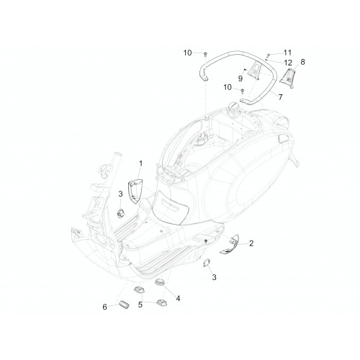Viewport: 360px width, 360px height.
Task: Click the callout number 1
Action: tap(140, 163)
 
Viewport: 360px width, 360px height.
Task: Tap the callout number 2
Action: tap(251, 243)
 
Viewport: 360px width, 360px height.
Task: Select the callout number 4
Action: tap(178, 298)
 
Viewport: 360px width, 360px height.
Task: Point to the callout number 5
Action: tap(140, 305)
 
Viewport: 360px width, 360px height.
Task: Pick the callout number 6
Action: tap(104, 307)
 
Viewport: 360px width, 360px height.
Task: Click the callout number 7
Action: tap(280, 97)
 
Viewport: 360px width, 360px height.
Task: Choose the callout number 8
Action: tap(302, 62)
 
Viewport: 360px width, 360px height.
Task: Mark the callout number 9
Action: tap(240, 78)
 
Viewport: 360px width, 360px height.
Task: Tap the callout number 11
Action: tap(287, 53)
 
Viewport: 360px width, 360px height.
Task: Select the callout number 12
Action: tap(288, 63)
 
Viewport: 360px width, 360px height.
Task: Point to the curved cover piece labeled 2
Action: tap(230, 244)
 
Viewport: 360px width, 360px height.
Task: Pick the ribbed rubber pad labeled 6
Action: tap(124, 304)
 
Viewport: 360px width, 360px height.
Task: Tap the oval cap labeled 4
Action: tap(160, 282)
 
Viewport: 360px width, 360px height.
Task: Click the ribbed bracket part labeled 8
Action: tap(288, 78)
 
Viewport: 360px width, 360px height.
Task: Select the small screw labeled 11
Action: tap(269, 55)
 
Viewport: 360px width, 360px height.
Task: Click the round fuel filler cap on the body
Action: tap(233, 107)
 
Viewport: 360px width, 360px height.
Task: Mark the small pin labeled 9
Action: tap(245, 69)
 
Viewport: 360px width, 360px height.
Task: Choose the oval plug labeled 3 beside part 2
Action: tap(207, 262)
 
